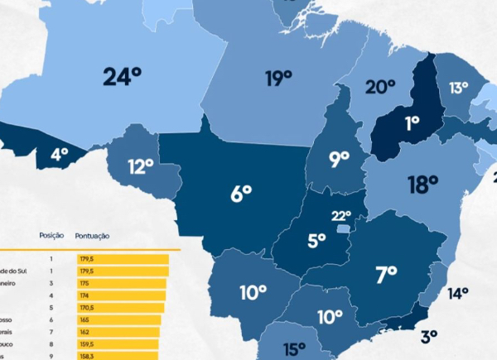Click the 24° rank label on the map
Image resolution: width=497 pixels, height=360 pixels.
coord(123,77)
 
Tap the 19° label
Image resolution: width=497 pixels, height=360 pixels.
coord(279,79)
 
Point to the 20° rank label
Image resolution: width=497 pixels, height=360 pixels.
coord(380,87)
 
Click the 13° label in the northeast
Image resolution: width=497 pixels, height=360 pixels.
coord(459,88)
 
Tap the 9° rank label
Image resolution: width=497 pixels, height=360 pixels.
coord(339,160)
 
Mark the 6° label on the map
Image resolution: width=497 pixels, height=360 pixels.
coord(241,194)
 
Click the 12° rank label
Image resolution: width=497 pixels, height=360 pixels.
coord(141,166)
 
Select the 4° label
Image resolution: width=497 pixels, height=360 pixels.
coord(60,154)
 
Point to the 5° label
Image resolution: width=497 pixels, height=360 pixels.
coord(317,241)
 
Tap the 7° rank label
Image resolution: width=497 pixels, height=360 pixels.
coord(387,271)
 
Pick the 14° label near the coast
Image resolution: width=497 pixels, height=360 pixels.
coord(458,293)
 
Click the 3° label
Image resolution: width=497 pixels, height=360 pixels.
coord(429,336)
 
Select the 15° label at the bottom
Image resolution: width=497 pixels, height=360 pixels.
coord(294,349)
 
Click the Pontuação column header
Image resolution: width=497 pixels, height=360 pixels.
coord(92,236)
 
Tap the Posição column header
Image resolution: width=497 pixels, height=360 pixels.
coord(51,236)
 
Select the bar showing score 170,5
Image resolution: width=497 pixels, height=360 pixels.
coord(120,307)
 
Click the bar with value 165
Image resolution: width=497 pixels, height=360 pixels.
coord(118,319)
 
